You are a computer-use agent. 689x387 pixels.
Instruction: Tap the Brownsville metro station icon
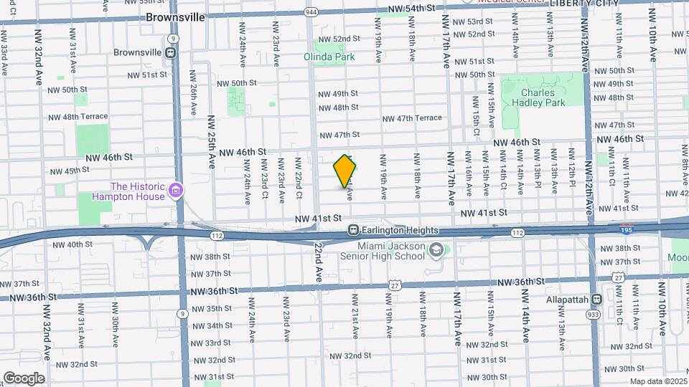coord(171,52)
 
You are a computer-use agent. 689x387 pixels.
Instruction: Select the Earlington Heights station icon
coord(353,230)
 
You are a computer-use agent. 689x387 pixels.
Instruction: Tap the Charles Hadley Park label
coord(543,97)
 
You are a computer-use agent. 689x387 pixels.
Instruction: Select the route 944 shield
coord(311,12)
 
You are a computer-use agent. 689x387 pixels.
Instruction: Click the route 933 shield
coord(594,314)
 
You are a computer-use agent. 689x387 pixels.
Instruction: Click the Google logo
coord(24,378)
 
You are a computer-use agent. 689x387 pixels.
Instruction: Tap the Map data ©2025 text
coord(658,381)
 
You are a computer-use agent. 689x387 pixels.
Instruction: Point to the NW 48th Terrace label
coord(78,117)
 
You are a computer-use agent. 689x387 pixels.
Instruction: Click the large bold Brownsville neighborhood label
coord(175,16)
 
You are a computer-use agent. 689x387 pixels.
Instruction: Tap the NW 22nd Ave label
coord(318,262)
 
